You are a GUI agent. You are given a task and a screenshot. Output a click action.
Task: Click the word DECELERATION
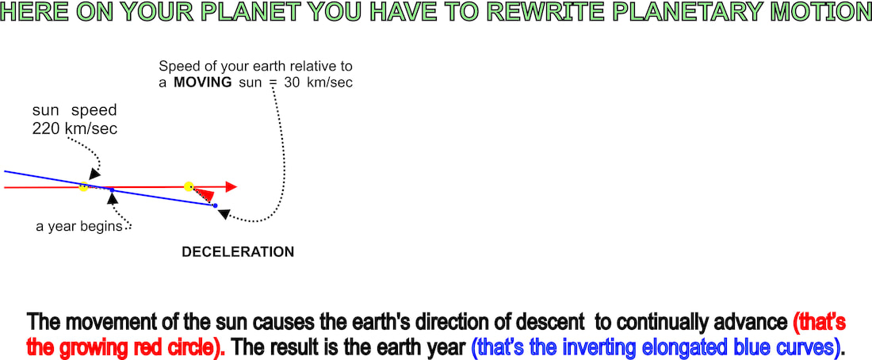[x=238, y=252]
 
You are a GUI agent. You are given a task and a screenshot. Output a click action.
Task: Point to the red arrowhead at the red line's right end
[x=231, y=187]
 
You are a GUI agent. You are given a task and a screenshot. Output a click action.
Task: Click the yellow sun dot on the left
[x=83, y=187]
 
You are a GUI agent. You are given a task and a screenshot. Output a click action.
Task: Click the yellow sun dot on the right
[x=189, y=186]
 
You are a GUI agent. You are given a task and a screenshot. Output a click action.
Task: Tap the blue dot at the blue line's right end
[x=215, y=206]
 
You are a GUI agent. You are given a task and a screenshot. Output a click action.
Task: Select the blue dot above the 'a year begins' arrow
[x=112, y=190]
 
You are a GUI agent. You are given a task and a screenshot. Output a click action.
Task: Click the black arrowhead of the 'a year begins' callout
[x=113, y=197]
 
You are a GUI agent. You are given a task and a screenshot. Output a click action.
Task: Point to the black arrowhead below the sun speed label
[x=94, y=174]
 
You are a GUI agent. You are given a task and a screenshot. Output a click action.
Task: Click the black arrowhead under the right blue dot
[x=223, y=213]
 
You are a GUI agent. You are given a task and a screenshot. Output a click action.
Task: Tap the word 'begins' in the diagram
[x=104, y=227]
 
